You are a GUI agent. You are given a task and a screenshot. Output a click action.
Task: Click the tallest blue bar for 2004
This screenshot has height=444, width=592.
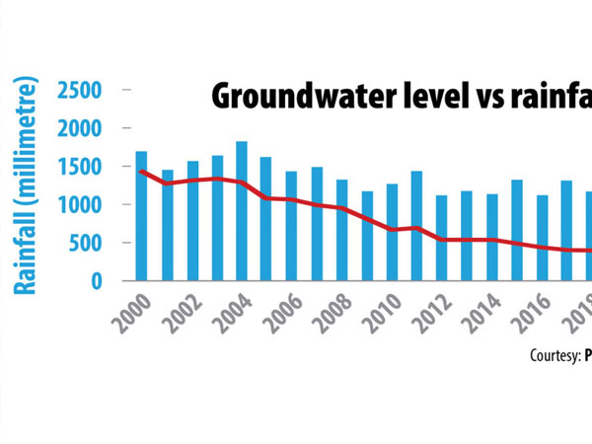[242, 211]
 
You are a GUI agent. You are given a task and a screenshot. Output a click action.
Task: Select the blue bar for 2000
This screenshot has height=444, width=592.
[141, 216]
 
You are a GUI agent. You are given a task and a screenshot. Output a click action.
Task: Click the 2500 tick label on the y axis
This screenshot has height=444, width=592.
[87, 90]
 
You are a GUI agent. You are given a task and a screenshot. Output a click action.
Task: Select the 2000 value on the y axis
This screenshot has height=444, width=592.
[87, 128]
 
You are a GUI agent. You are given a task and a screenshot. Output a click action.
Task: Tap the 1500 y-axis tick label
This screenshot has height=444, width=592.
[87, 167]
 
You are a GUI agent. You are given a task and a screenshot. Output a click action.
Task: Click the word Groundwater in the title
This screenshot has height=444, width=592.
[286, 97]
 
